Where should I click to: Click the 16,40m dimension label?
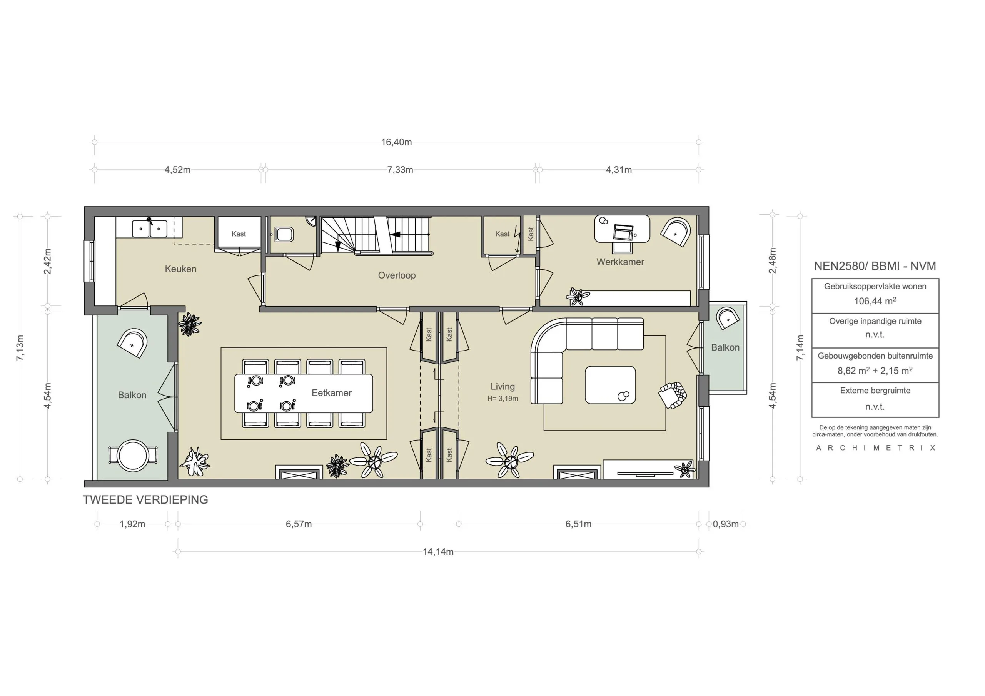(x=396, y=142)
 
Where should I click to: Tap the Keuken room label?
(x=180, y=269)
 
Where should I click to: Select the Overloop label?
(x=396, y=275)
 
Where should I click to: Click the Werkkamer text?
(x=620, y=262)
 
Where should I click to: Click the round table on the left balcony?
(x=133, y=455)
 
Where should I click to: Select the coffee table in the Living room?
(x=610, y=385)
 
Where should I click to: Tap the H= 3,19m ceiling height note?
(x=503, y=399)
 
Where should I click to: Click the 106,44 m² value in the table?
(x=874, y=301)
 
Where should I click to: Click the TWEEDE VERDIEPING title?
(x=145, y=500)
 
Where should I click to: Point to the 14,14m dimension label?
(x=437, y=552)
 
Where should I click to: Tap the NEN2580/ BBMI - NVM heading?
(x=875, y=266)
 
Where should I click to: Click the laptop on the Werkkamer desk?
(x=623, y=232)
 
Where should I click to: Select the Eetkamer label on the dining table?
(x=331, y=392)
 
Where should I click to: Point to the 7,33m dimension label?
(x=400, y=170)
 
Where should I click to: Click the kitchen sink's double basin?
(x=149, y=229)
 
